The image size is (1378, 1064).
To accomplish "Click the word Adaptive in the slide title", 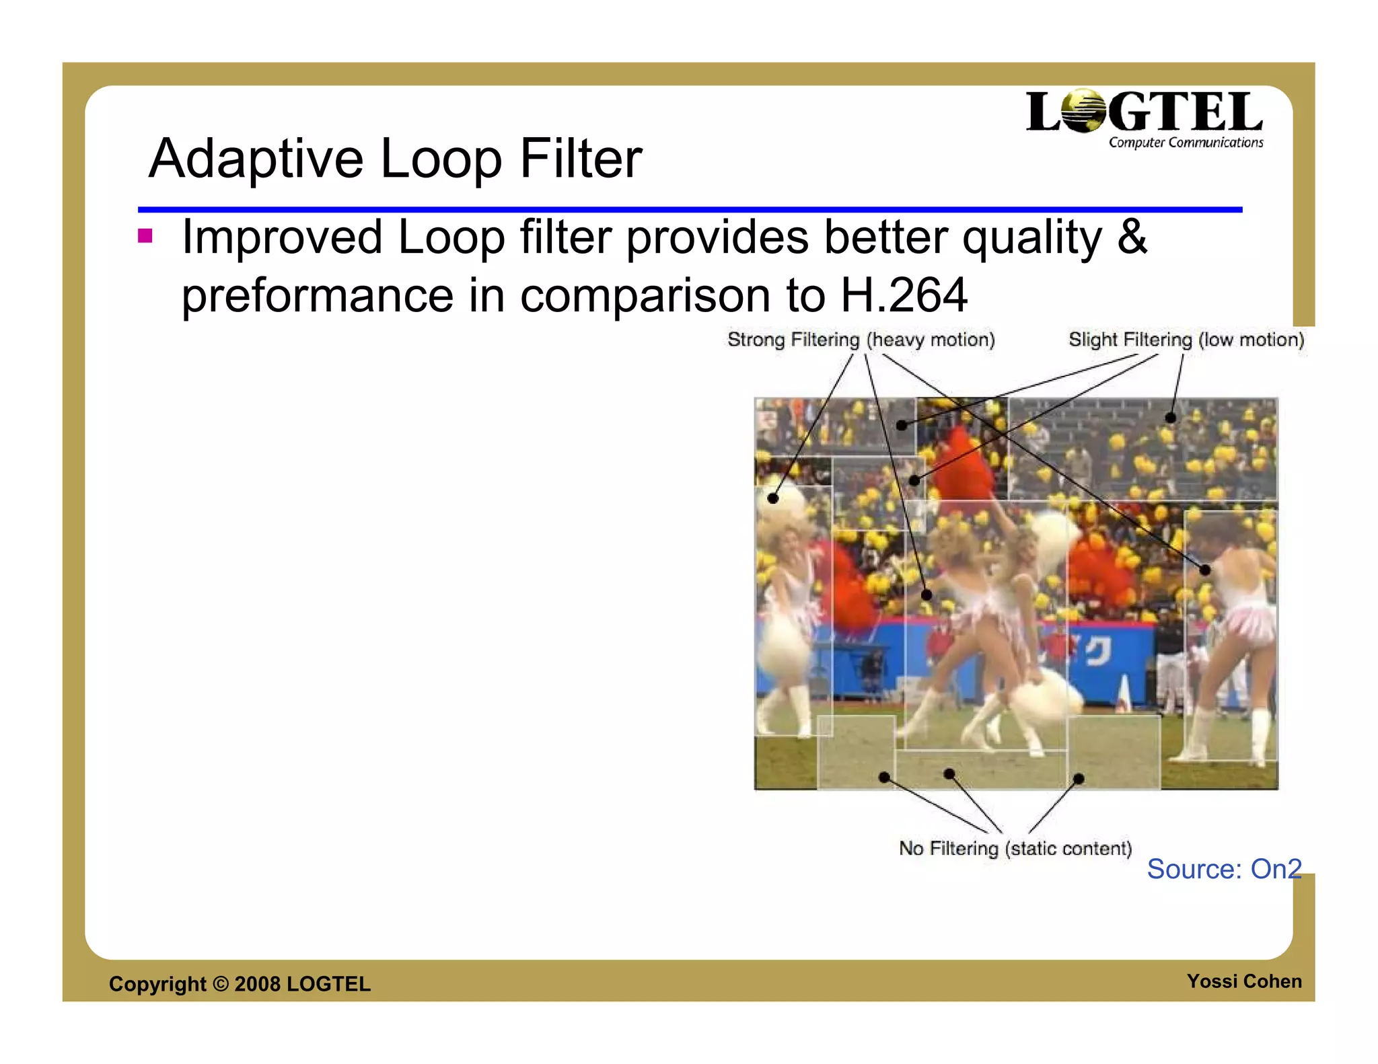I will point(256,159).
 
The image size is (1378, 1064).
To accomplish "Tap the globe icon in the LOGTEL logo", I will point(1084,112).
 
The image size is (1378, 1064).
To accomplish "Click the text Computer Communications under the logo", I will point(1186,143).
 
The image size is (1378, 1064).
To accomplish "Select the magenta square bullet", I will point(145,236).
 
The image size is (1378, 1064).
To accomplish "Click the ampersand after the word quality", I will point(1132,237).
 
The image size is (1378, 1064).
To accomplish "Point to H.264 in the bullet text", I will point(904,295).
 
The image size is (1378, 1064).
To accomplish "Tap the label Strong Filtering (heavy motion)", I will point(861,340).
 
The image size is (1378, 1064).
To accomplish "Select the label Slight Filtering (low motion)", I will point(1186,340).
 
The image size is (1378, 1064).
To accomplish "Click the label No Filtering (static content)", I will point(1015,848).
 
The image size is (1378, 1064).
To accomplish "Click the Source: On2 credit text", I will point(1223,869).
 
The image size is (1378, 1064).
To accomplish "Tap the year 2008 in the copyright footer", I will point(257,984).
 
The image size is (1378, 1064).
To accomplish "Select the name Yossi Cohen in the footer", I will point(1243,981).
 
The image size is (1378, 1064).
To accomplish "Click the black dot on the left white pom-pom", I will point(773,498).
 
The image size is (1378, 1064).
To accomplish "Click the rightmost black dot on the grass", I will point(1079,779).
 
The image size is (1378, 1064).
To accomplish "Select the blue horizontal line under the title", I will point(689,210).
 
